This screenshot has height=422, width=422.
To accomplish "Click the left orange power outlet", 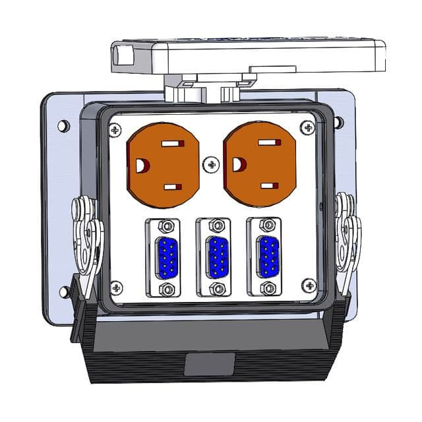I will (162, 164).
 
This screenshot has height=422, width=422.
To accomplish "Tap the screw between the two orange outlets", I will (211, 165).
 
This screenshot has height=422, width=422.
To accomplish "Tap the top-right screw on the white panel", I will (307, 127).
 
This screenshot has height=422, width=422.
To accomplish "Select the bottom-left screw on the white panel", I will (116, 287).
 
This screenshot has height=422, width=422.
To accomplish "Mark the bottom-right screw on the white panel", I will (309, 285).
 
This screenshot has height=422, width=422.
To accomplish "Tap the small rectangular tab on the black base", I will (209, 363).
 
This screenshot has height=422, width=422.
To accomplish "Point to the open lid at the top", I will (247, 56).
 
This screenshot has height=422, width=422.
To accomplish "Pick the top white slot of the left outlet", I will (174, 144).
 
